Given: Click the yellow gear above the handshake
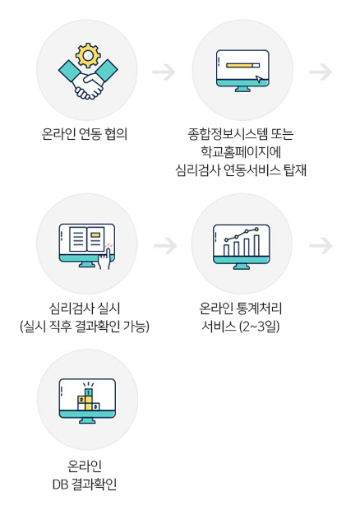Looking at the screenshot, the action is (x=88, y=55).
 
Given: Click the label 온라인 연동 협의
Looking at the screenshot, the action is (x=85, y=134).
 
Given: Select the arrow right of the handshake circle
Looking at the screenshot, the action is (x=164, y=72).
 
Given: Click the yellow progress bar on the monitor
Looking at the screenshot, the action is (x=240, y=65).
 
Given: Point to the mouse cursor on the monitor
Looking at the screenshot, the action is (x=259, y=79).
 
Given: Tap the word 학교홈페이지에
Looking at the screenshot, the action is (x=241, y=151).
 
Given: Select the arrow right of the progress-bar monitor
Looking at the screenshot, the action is (x=321, y=72).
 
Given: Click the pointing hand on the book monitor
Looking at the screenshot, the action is (x=104, y=258).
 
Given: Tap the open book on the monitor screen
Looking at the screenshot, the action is (x=87, y=239).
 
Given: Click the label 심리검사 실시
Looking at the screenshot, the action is (x=85, y=308).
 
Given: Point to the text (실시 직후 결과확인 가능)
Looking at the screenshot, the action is (x=85, y=327).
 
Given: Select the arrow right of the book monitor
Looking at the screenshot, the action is (x=165, y=246).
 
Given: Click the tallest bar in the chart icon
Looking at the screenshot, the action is (x=256, y=245).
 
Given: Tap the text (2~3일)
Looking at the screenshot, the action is (x=259, y=327).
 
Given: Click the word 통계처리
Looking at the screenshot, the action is (x=260, y=308).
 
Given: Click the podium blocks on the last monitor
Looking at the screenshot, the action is (x=88, y=399).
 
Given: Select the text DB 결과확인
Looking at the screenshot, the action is (x=85, y=484).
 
